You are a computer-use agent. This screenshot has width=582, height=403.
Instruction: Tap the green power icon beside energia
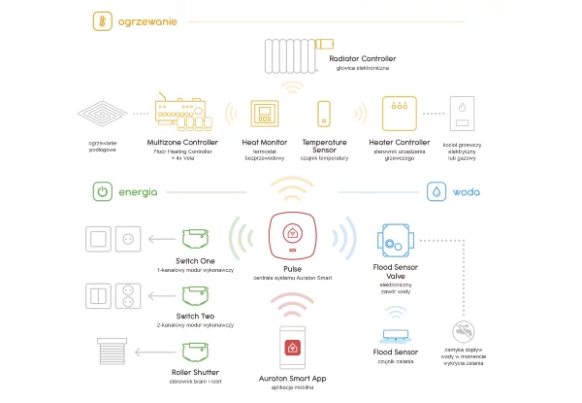coord(102,192)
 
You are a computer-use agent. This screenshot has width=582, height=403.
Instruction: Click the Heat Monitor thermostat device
coord(264,114)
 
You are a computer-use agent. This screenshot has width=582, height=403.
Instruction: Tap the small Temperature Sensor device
coord(324,115)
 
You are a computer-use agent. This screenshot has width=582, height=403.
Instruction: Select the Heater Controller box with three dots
coord(399,114)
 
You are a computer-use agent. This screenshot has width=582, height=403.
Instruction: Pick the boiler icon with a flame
coord(464,114)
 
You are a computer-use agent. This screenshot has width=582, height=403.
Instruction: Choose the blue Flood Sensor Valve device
coord(395,239)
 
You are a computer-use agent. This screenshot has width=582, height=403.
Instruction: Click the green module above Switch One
coord(195,238)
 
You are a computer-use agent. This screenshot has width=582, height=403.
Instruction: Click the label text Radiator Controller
coord(362,58)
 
